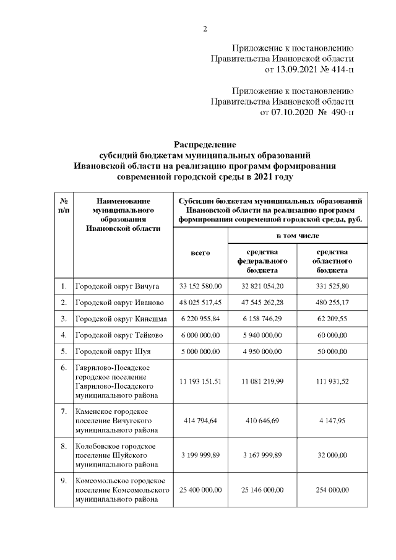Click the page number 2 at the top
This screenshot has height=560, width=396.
pyautogui.click(x=205, y=29)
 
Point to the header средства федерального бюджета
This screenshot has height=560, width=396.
pyautogui.click(x=263, y=261)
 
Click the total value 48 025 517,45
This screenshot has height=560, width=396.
pyautogui.click(x=200, y=303)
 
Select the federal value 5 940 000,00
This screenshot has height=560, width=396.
pyautogui.click(x=263, y=335)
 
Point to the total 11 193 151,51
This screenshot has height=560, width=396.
pyautogui.click(x=200, y=381)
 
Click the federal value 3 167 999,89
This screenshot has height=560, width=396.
pyautogui.click(x=263, y=455)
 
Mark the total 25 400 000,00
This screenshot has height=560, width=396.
pyautogui.click(x=200, y=489)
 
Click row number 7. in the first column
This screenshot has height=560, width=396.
pyautogui.click(x=63, y=411)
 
